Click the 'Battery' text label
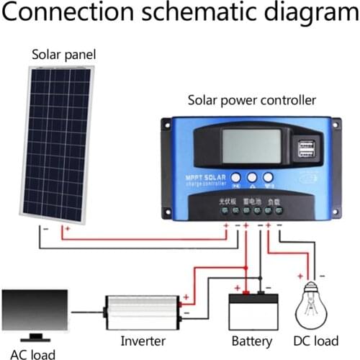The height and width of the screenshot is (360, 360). pyautogui.click(x=252, y=341)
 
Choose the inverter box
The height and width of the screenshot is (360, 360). pyautogui.click(x=143, y=311)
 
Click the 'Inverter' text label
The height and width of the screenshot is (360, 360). pyautogui.click(x=143, y=341)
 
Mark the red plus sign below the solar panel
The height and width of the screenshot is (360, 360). pyautogui.click(x=66, y=230)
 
